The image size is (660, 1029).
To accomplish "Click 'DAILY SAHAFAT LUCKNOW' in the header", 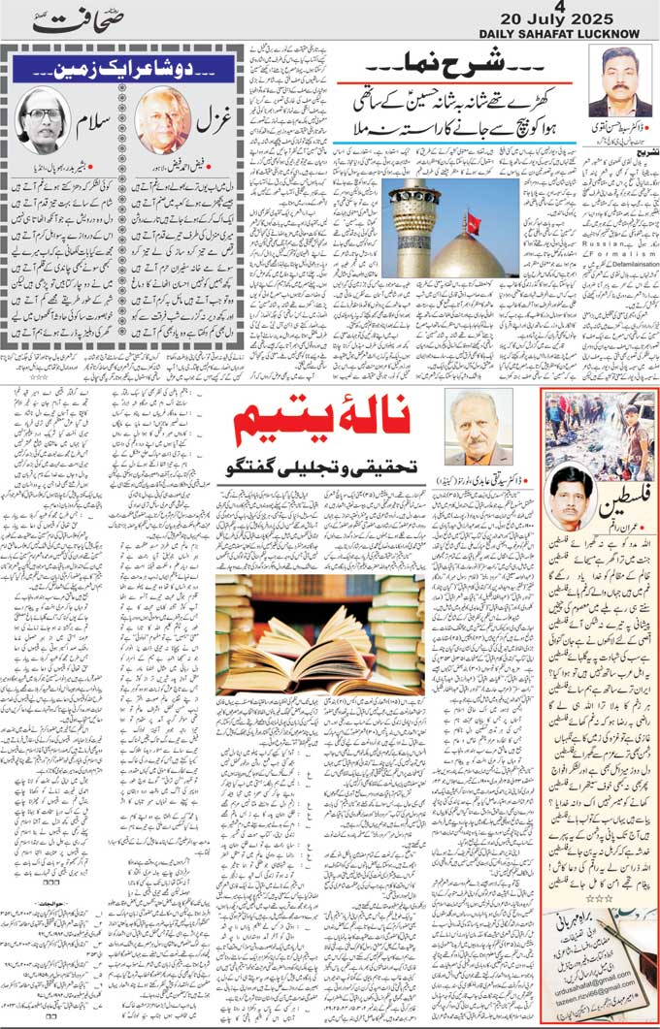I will click(559, 34).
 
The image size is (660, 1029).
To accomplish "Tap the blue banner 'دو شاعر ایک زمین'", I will click(120, 69).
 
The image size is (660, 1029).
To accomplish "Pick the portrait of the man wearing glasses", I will click(43, 119).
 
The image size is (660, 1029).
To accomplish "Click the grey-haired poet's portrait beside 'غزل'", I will click(163, 120).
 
